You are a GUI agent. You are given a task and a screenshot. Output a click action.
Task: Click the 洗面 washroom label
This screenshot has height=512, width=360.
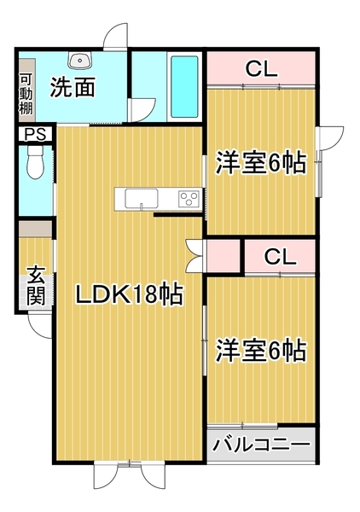point(71,86)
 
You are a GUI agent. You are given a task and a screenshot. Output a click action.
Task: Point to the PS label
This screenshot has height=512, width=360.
point(35,133)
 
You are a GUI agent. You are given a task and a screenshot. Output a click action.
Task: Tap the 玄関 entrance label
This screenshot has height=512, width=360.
point(35,285)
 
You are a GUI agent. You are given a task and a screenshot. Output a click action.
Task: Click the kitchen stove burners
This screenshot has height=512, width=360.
point(188,199)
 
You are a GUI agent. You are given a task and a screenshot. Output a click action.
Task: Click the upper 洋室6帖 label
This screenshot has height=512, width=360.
point(260,163)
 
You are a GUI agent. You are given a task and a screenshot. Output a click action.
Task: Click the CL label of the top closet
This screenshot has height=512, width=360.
point(260,70)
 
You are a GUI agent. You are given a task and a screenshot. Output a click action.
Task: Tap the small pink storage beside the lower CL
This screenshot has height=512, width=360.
point(224,256)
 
